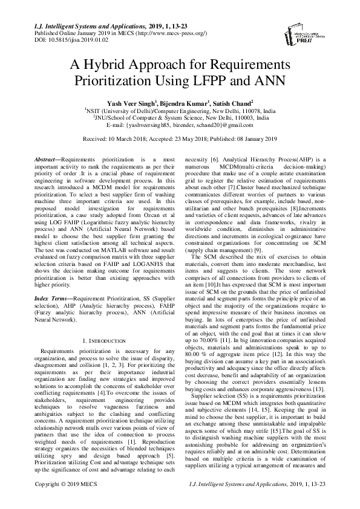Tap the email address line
tap(180, 125)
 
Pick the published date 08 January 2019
tap(254, 139)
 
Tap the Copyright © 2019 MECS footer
tap(64, 501)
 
